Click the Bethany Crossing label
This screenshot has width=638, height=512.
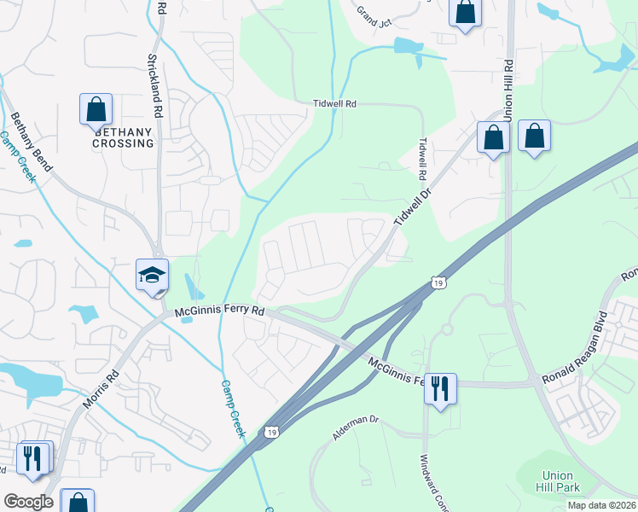point(125,137)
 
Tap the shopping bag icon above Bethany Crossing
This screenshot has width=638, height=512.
point(96,110)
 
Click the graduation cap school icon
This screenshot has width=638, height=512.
point(152,276)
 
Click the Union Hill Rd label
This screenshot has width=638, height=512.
point(508,90)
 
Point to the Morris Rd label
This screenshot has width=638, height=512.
point(101,395)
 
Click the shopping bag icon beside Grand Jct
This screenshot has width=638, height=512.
point(465,13)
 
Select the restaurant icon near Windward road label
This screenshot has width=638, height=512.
point(440,389)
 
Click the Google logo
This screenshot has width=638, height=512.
point(28,502)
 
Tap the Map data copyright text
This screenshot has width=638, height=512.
point(600,505)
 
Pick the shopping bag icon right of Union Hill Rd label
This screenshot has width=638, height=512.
point(534,136)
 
